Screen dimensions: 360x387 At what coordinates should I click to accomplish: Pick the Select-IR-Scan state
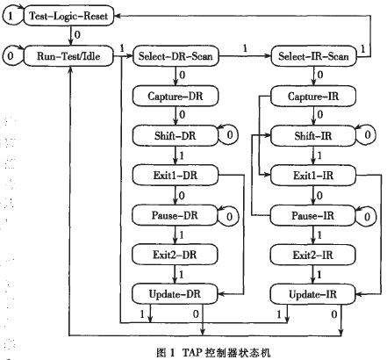click(x=312, y=58)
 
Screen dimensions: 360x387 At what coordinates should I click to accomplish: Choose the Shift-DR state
click(x=172, y=135)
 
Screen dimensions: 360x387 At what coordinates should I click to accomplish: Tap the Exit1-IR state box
click(x=312, y=175)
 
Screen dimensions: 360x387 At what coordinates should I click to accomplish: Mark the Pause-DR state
click(x=172, y=214)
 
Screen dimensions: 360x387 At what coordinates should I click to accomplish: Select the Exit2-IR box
click(x=312, y=254)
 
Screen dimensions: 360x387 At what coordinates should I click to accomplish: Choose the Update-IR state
click(x=312, y=292)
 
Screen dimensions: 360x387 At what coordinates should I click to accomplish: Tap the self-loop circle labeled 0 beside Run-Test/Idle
click(x=11, y=58)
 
